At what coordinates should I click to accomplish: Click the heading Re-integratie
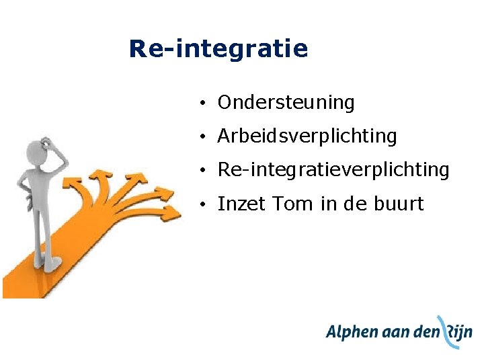tap(218, 49)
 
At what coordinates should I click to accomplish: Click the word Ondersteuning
tap(286, 103)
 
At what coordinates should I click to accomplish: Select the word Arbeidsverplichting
tap(307, 136)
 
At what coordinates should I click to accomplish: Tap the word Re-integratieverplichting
tap(333, 170)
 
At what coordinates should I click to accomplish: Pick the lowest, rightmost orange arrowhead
tap(171, 213)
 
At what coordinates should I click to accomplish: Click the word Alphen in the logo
tap(352, 333)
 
